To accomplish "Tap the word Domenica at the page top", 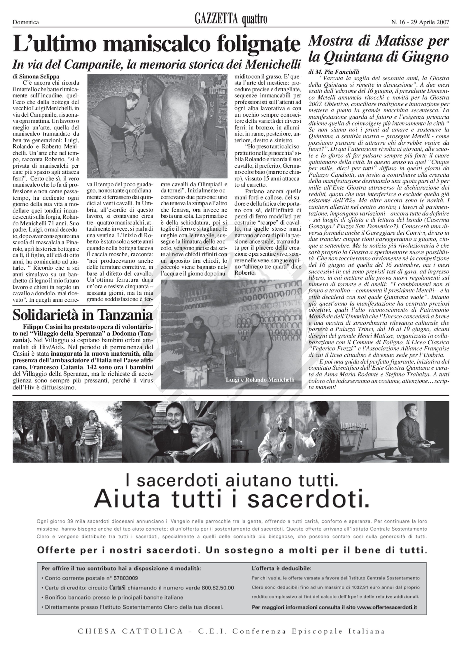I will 26,22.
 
